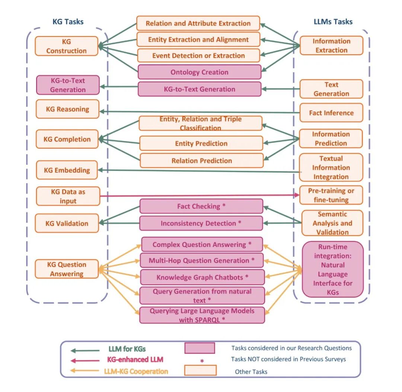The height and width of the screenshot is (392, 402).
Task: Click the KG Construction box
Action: point(67,46)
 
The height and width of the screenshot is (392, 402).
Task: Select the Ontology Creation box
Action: point(200,72)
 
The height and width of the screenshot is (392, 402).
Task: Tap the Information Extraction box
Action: point(331,46)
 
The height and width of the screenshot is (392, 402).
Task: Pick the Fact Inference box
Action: point(331,113)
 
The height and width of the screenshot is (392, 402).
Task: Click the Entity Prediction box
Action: point(201,144)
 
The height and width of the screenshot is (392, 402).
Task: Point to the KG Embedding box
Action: point(67,170)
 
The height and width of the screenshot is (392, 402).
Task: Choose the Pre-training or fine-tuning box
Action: point(331,195)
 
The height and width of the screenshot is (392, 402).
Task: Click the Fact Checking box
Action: point(201,206)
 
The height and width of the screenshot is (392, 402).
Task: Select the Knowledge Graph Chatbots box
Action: point(202,277)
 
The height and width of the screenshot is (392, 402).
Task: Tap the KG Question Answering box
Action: point(67,269)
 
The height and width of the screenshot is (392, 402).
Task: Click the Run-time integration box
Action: point(333,269)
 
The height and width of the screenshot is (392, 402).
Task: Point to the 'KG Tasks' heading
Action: point(68,22)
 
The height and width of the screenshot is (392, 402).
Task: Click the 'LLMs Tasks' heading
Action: point(333,22)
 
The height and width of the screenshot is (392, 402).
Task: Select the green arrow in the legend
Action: point(84,350)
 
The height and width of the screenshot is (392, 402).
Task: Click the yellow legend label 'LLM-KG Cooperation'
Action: point(138,371)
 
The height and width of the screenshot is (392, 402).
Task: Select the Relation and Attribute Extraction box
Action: point(198,23)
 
